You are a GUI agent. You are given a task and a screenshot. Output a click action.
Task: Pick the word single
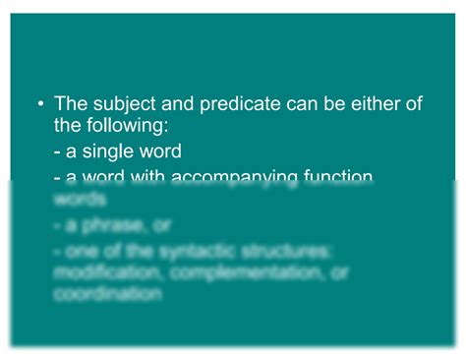[109, 152]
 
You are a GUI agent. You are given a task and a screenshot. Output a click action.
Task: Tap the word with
[145, 177]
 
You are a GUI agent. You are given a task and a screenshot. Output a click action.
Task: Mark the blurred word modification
[105, 272]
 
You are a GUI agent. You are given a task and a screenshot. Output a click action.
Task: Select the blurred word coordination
[107, 294]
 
